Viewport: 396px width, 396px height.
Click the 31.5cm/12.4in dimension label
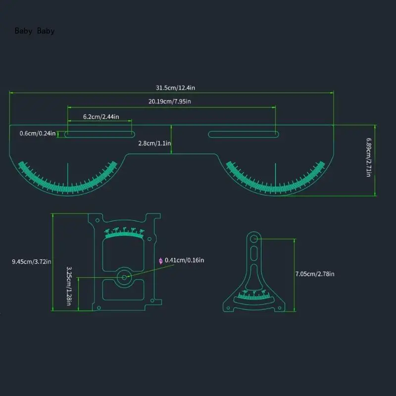[x=175, y=88]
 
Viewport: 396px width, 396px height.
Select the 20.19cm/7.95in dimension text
[x=170, y=101]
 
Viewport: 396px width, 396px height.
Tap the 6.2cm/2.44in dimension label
[x=100, y=116]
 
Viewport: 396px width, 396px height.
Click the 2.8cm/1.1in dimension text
[x=154, y=143]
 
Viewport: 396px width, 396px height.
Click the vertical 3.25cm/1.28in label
[x=69, y=286]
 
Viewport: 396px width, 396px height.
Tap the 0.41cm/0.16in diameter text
[x=184, y=260]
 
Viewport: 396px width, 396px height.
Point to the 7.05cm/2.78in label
[x=315, y=274]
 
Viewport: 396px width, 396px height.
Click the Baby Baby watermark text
[x=35, y=31]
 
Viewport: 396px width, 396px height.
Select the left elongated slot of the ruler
[x=99, y=134]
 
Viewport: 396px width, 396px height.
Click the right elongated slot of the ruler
[x=243, y=134]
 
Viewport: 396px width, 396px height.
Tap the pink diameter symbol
[x=160, y=260]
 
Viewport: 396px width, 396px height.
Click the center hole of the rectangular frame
[x=124, y=277]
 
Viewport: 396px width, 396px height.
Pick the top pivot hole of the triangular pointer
[x=254, y=239]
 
